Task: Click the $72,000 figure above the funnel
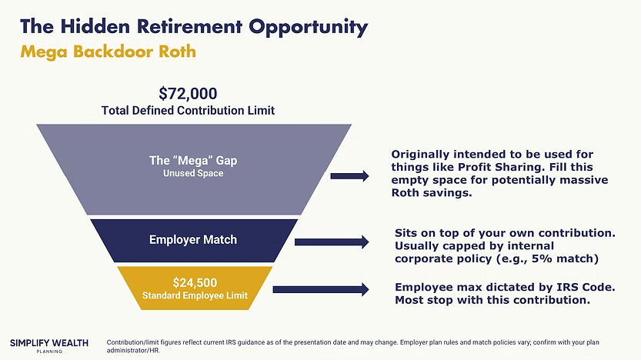[x=188, y=94]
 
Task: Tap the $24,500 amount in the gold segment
[x=195, y=283]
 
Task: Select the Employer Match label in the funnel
[x=193, y=239]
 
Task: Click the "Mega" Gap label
[x=193, y=160]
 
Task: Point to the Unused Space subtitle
[x=193, y=173]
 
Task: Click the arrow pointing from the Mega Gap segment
[x=349, y=176]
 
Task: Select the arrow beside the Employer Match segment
[x=332, y=242]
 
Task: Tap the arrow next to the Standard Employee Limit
[x=321, y=290]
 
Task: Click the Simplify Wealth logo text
[x=49, y=343]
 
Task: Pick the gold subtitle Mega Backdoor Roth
[x=109, y=52]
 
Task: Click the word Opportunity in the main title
[x=309, y=28]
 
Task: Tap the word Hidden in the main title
[x=95, y=27]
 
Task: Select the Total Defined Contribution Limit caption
[x=188, y=110]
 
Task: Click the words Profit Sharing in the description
[x=502, y=167]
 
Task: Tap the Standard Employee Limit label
[x=195, y=295]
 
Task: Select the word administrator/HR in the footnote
[x=133, y=351]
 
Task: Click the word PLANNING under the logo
[x=49, y=352]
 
